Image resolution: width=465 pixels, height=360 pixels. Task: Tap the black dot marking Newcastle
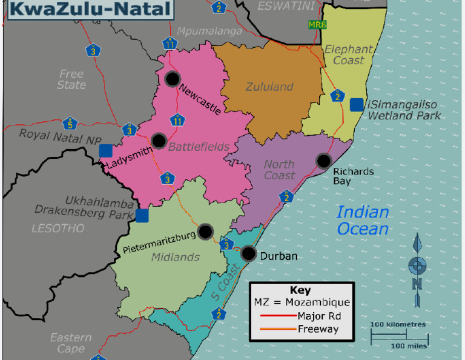click(173, 78)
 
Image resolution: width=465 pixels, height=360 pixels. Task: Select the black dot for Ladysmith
click(159, 141)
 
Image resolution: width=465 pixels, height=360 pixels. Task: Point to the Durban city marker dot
click(248, 253)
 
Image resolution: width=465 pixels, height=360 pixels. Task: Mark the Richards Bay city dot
click(324, 161)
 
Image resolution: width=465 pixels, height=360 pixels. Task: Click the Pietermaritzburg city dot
click(206, 231)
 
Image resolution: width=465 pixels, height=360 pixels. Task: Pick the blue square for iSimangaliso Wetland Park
click(357, 104)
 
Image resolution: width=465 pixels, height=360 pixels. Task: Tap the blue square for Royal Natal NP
click(107, 150)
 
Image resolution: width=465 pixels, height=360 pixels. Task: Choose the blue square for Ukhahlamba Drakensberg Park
click(142, 216)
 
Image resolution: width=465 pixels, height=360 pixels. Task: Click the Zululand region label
click(269, 87)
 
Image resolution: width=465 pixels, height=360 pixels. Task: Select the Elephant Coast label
click(349, 55)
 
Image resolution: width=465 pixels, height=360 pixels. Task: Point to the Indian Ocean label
click(363, 220)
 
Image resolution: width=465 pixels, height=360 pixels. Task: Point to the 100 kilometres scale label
click(398, 324)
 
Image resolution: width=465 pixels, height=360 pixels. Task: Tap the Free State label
click(71, 79)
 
